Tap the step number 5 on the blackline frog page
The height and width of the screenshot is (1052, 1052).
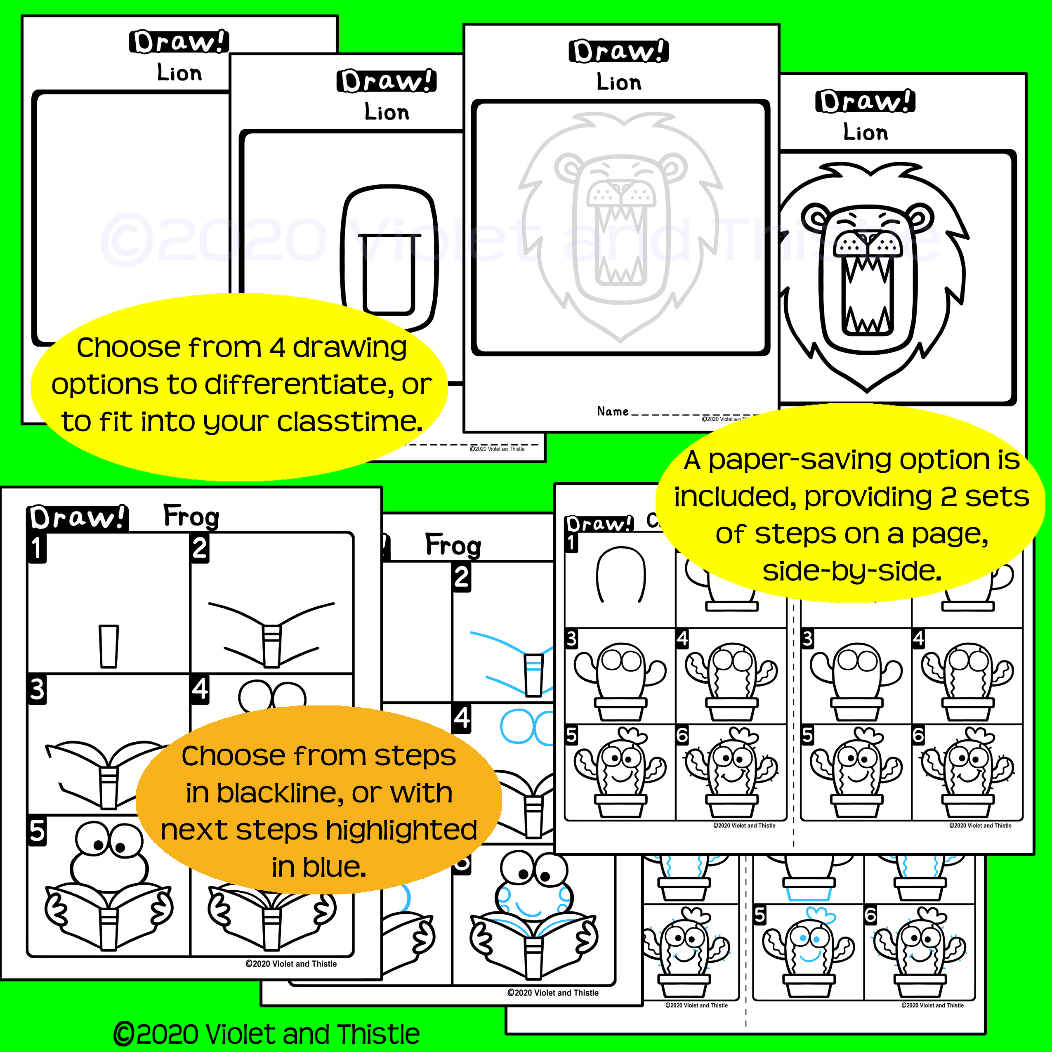pos(37,831)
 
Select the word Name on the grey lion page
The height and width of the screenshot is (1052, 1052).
pos(613,412)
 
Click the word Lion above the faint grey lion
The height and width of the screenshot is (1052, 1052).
pos(619,82)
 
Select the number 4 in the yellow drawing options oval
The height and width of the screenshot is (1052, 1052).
pos(277,347)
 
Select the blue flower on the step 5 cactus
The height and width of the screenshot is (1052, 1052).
pos(820,914)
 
